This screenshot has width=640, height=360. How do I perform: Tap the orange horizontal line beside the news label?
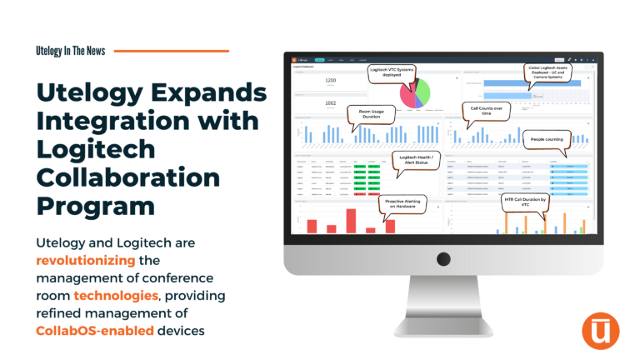tap(171, 51)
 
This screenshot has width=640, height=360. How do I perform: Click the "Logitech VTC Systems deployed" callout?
tap(395, 72)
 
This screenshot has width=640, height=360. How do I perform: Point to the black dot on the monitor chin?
tap(443, 258)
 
